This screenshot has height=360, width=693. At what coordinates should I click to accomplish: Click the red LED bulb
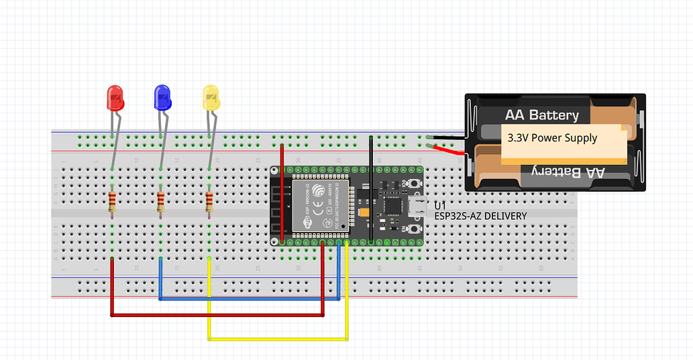click(x=115, y=98)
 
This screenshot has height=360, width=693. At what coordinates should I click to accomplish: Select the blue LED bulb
click(x=162, y=98)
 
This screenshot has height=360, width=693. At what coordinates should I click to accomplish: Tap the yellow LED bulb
click(x=211, y=98)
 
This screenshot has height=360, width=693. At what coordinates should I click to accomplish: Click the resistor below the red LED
click(x=111, y=202)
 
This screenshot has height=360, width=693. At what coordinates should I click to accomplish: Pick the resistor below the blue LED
click(x=160, y=202)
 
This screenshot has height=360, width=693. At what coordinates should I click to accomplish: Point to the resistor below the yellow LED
click(x=209, y=202)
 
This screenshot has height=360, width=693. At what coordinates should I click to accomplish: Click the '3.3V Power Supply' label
click(x=552, y=138)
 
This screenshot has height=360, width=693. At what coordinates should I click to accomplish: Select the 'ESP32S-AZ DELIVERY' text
click(x=480, y=216)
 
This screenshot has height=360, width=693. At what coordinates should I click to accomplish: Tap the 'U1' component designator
click(x=440, y=205)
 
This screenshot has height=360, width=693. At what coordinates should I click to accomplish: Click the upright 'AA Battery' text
click(x=541, y=115)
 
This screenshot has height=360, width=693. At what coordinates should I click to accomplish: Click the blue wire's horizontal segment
click(x=248, y=299)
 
